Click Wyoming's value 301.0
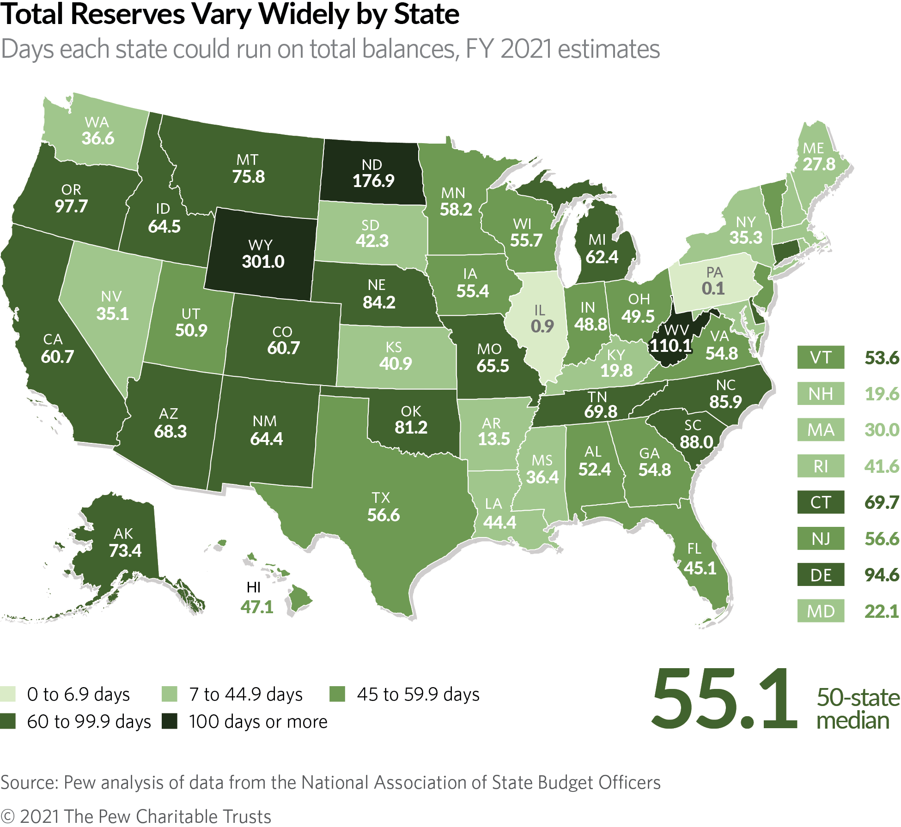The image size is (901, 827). tap(263, 262)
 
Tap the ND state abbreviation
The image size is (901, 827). tap(371, 165)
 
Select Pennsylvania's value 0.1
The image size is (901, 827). tap(713, 289)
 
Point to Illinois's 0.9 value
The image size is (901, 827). tap(542, 326)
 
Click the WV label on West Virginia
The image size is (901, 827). tap(676, 330)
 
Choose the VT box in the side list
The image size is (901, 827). tap(820, 357)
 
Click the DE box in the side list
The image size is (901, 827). tap(820, 575)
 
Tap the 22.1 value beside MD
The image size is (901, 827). tap(882, 611)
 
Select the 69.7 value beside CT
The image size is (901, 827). tap(882, 502)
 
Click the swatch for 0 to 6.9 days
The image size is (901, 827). tap(8, 694)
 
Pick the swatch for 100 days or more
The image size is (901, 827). tap(170, 721)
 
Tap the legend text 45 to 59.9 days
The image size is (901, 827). tap(418, 694)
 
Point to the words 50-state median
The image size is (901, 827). tap(858, 709)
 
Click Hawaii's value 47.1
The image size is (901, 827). tap(257, 607)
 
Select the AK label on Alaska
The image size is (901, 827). tap(123, 534)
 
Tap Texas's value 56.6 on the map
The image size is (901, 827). tap(384, 515)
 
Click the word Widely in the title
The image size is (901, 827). tap(304, 15)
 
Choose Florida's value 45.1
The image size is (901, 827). tap(700, 568)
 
